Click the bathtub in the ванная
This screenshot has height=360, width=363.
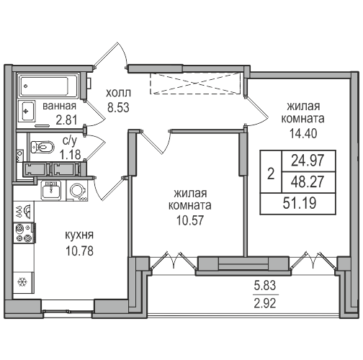(x=49, y=86)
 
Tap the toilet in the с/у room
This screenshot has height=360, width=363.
(x=42, y=147)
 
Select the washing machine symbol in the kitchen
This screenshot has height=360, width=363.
(x=77, y=190)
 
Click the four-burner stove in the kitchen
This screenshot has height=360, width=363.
(x=24, y=233)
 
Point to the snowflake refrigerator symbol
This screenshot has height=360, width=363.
(x=23, y=282)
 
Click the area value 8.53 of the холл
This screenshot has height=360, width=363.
(x=118, y=107)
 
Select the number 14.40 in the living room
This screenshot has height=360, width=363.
(x=303, y=133)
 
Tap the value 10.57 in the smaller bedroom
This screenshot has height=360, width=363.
(x=190, y=220)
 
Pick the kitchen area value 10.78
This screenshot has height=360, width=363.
(x=79, y=251)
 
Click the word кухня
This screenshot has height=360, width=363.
(x=79, y=235)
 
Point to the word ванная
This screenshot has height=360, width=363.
(x=59, y=106)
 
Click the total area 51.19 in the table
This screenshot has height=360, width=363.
(x=300, y=203)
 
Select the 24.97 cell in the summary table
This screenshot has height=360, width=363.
(x=308, y=161)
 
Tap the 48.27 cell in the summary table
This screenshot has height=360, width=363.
(x=308, y=181)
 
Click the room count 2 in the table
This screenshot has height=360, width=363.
(x=271, y=174)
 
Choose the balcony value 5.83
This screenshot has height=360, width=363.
(x=265, y=286)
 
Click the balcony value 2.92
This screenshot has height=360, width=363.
(x=265, y=303)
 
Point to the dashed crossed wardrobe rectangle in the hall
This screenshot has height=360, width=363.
(x=195, y=84)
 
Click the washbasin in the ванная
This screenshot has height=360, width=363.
(x=27, y=111)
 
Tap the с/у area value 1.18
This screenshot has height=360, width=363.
(x=71, y=155)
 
